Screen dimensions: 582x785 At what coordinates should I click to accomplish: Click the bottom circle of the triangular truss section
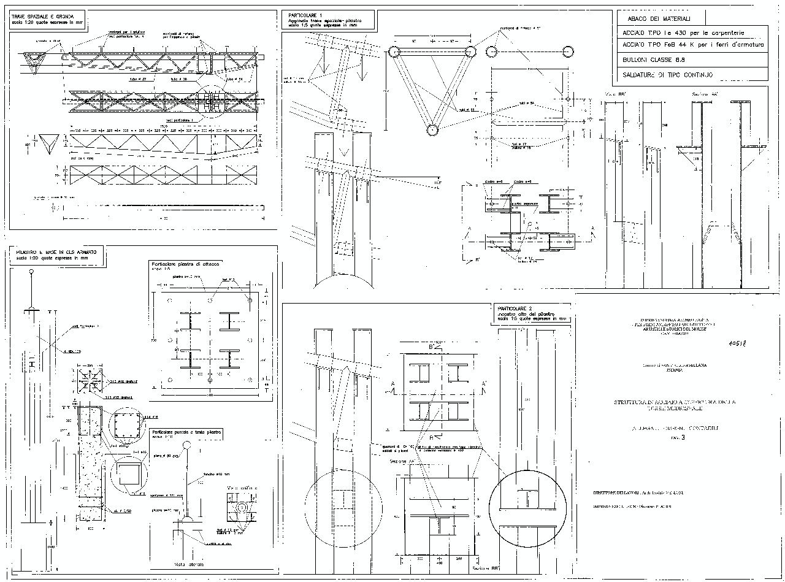click(432, 129)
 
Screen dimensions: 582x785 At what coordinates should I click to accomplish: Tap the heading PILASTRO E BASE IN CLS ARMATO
click(57, 252)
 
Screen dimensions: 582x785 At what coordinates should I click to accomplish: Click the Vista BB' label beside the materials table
click(616, 93)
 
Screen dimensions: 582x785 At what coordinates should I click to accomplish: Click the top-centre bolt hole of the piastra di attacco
click(210, 301)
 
